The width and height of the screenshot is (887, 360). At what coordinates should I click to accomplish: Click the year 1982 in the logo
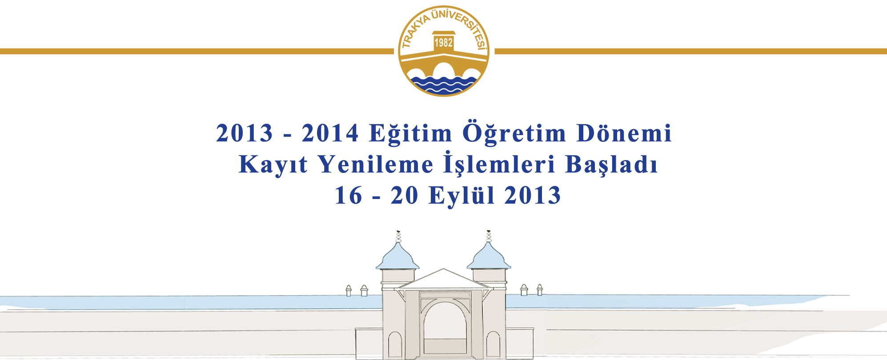(x=443, y=43)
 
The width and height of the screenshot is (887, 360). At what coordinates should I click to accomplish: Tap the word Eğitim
(x=411, y=133)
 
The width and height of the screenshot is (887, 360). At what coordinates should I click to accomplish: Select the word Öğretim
(x=514, y=133)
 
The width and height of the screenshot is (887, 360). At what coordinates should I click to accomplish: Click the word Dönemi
(x=624, y=133)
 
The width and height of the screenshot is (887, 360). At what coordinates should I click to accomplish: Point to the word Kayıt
(x=273, y=165)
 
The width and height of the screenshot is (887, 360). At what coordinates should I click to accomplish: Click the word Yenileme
(x=376, y=164)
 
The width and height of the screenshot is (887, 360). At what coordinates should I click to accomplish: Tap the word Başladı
(x=611, y=164)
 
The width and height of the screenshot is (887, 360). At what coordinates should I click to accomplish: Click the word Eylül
(x=462, y=196)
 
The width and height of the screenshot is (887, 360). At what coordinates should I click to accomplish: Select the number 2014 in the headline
(x=330, y=133)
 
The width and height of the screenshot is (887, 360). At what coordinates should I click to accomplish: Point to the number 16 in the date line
(x=349, y=196)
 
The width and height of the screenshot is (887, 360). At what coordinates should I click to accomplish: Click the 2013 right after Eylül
(x=533, y=196)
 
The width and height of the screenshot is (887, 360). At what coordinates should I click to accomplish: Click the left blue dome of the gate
(x=397, y=257)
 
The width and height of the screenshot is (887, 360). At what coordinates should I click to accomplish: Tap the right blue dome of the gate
(x=489, y=257)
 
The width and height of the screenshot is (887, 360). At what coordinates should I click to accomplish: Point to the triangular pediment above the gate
(x=443, y=280)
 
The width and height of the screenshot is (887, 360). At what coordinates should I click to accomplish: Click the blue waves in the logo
(x=444, y=84)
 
